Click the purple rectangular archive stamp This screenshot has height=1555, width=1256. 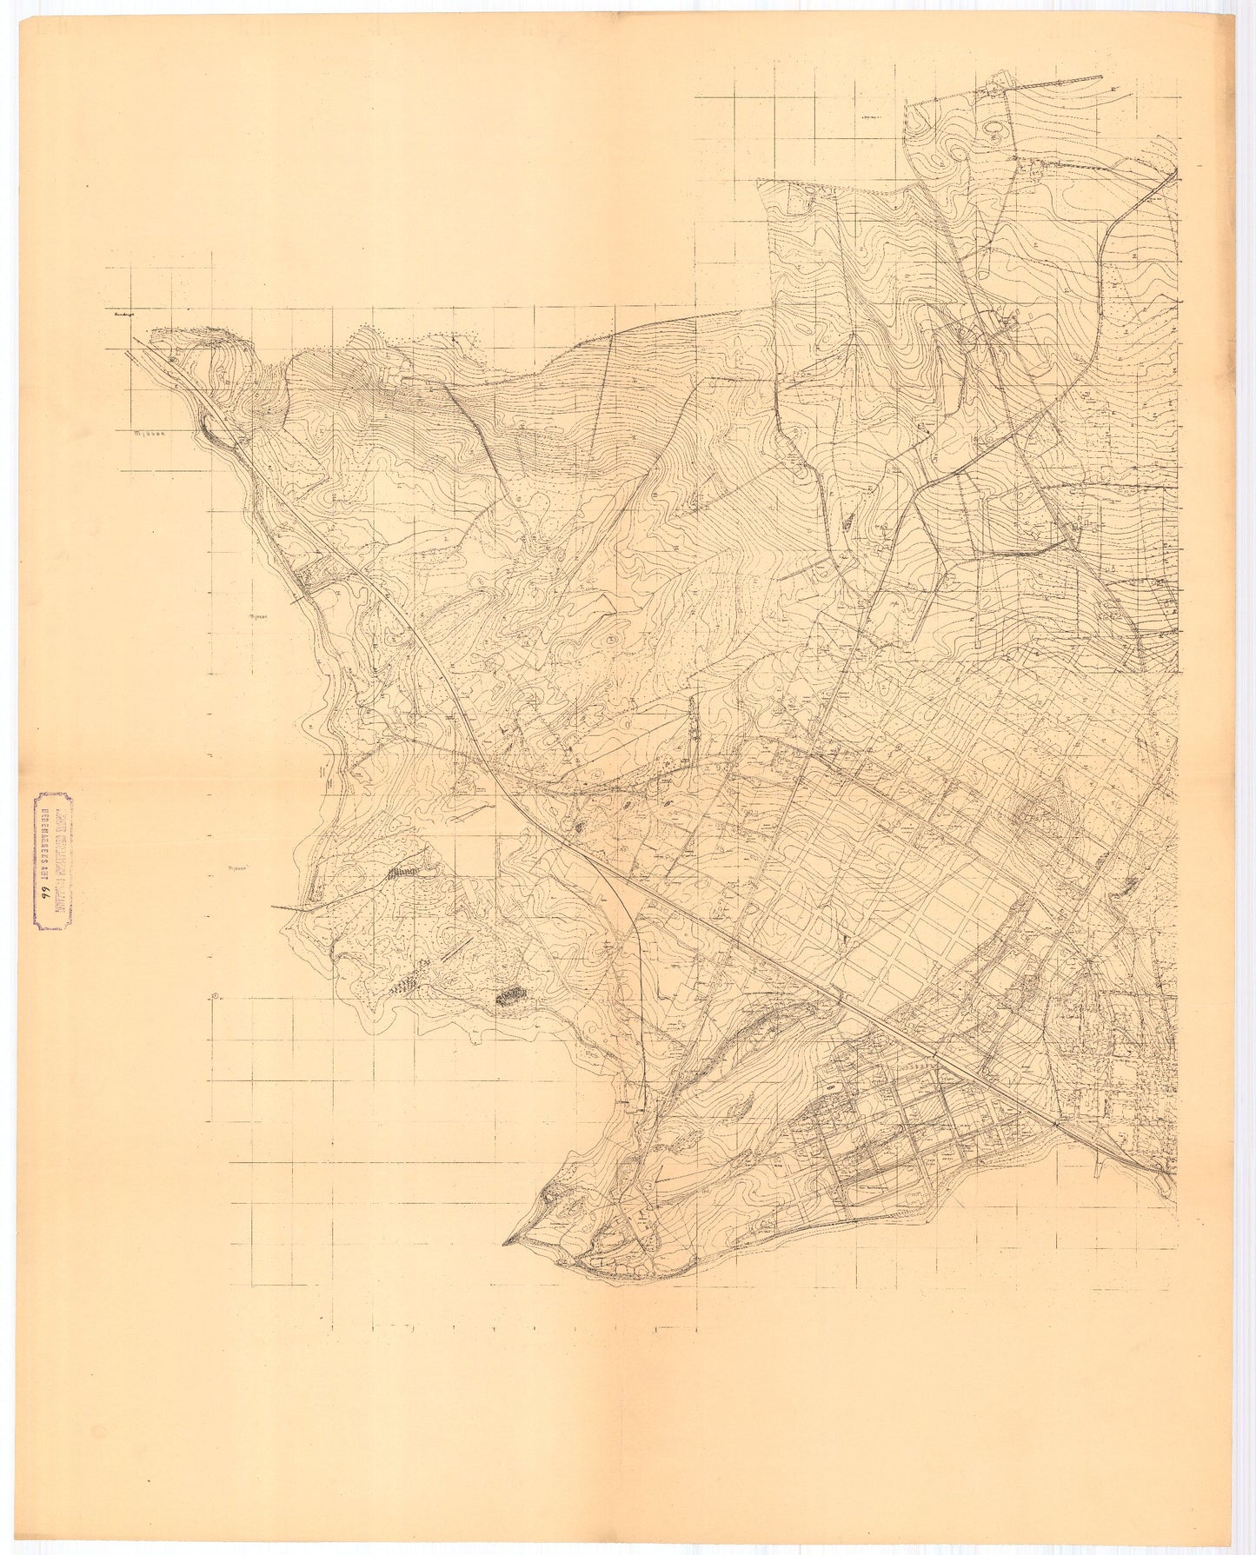[53, 861]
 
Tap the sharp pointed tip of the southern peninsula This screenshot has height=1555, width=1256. [505, 1244]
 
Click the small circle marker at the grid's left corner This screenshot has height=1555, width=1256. [214, 997]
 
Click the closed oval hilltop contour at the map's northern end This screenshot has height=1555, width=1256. [992, 130]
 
